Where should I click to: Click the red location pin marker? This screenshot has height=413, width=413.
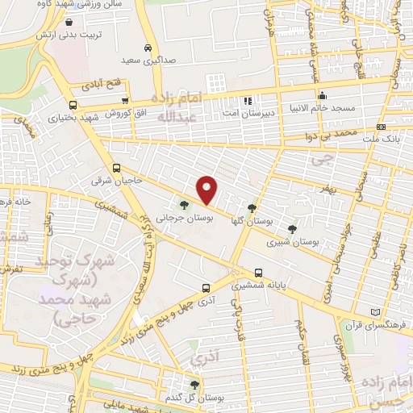click(207, 190)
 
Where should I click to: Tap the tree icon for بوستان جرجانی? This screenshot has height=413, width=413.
click(186, 205)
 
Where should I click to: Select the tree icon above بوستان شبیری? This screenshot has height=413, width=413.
click(292, 229)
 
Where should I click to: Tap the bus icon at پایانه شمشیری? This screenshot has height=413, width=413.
click(258, 273)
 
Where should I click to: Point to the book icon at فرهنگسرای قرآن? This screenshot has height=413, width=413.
click(373, 312)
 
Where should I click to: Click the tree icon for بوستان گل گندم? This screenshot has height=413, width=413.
click(194, 385)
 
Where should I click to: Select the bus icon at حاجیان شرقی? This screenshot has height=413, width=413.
click(117, 169)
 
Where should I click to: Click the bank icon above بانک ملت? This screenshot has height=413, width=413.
click(381, 127)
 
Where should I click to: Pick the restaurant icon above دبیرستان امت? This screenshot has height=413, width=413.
click(248, 102)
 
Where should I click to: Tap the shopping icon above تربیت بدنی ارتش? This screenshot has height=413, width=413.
click(69, 23)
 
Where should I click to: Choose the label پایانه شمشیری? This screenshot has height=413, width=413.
click(259, 285)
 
